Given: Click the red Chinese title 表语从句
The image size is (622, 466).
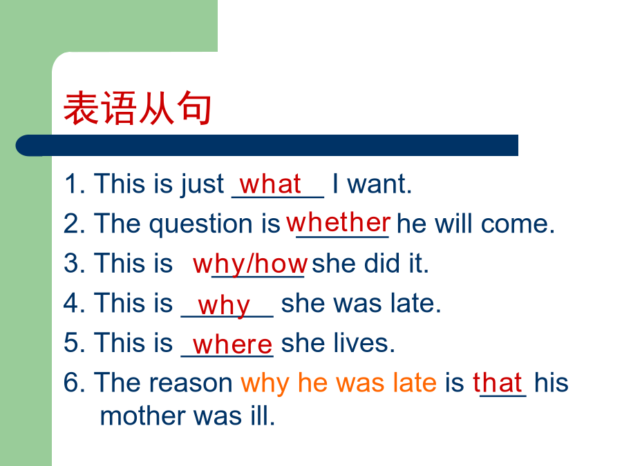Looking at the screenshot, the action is click(138, 108).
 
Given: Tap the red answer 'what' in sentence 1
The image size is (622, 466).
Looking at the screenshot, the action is click(270, 184).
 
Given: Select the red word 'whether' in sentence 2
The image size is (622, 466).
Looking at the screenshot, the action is click(339, 222).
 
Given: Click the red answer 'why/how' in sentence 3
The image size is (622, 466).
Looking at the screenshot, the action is click(250, 264).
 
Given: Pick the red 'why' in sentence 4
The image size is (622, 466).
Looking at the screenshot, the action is click(224, 306).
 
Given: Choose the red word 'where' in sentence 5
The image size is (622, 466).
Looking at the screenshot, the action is click(232, 344).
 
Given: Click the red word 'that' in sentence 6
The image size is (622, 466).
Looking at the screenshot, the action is click(497, 382).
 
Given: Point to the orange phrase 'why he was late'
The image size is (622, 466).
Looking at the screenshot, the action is click(339, 383).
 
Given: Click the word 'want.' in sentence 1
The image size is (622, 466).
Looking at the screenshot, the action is click(379, 184).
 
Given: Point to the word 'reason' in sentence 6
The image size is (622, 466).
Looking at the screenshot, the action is click(191, 384).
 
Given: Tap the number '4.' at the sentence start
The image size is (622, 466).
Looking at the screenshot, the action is click(74, 303).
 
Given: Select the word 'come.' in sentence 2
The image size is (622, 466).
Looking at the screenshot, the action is click(517, 224).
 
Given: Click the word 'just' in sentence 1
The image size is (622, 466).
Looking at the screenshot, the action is click(202, 184).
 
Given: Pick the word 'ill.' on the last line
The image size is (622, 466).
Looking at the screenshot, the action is click(262, 416).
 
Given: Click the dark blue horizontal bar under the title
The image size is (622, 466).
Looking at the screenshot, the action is click(267, 145).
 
